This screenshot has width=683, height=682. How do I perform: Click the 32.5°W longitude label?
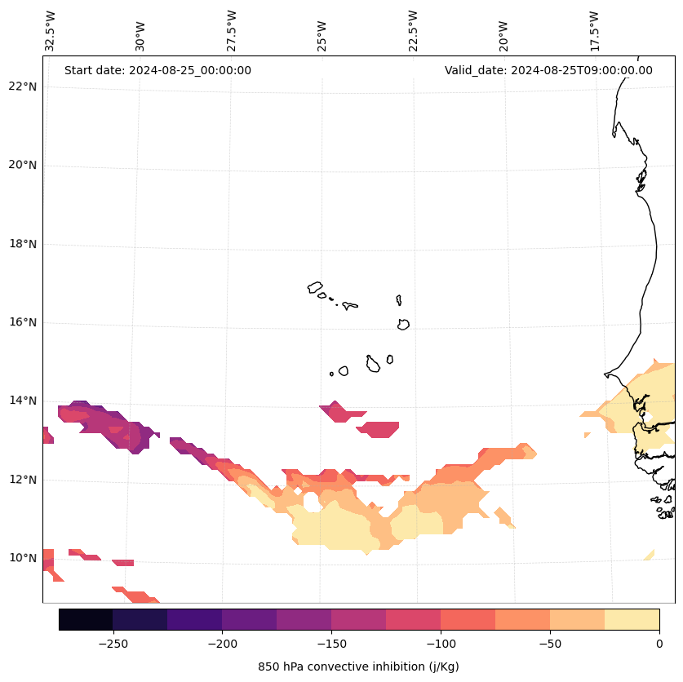click(51, 31)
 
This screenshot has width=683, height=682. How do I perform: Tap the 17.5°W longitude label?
click(594, 31)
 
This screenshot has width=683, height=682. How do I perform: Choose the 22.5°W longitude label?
click(413, 31)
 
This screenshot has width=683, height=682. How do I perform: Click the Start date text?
click(157, 70)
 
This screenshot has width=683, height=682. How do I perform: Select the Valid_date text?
click(548, 70)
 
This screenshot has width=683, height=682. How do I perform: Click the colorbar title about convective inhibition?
click(358, 666)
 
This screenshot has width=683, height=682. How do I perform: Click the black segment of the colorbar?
click(86, 620)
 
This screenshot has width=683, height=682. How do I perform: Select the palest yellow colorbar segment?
click(632, 620)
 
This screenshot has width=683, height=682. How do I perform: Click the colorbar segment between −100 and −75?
click(468, 620)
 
